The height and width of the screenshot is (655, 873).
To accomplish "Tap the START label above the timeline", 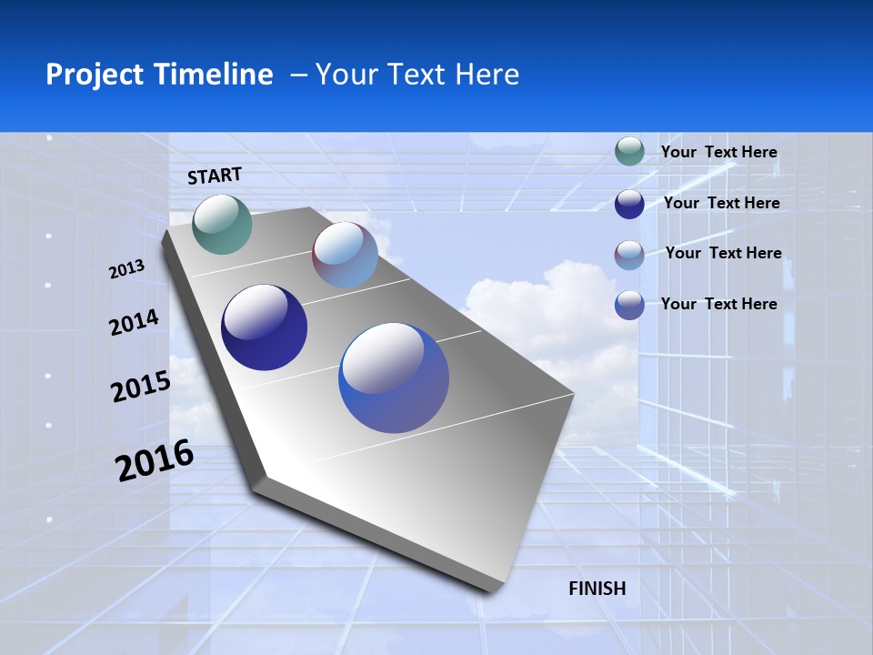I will click(215, 176).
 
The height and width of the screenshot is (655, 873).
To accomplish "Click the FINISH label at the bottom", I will click(597, 589).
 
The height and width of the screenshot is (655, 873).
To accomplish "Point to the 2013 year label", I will click(127, 269).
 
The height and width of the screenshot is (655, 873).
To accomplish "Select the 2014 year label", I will click(135, 322).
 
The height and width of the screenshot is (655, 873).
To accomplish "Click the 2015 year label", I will click(141, 387).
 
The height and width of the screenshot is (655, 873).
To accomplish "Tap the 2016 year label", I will click(155, 460).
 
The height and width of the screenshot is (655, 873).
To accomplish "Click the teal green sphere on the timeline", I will click(223, 224).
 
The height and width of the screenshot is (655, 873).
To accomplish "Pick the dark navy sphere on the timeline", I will click(265, 327).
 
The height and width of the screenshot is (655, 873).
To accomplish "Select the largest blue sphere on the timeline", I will click(394, 378).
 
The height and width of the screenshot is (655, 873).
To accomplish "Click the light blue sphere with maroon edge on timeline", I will click(346, 255).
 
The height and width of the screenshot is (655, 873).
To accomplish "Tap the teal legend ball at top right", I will click(629, 152).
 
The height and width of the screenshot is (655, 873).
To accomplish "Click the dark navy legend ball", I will click(629, 204).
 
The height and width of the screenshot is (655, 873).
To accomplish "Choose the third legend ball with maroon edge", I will click(629, 255).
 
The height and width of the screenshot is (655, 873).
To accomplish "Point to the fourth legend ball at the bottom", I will click(629, 305).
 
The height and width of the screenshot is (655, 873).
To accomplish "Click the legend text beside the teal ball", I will click(719, 153).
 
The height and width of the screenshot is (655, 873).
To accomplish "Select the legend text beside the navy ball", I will click(722, 203).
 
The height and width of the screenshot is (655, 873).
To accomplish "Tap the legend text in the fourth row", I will click(719, 304).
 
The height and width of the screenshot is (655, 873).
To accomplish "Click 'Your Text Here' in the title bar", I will click(417, 75).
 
